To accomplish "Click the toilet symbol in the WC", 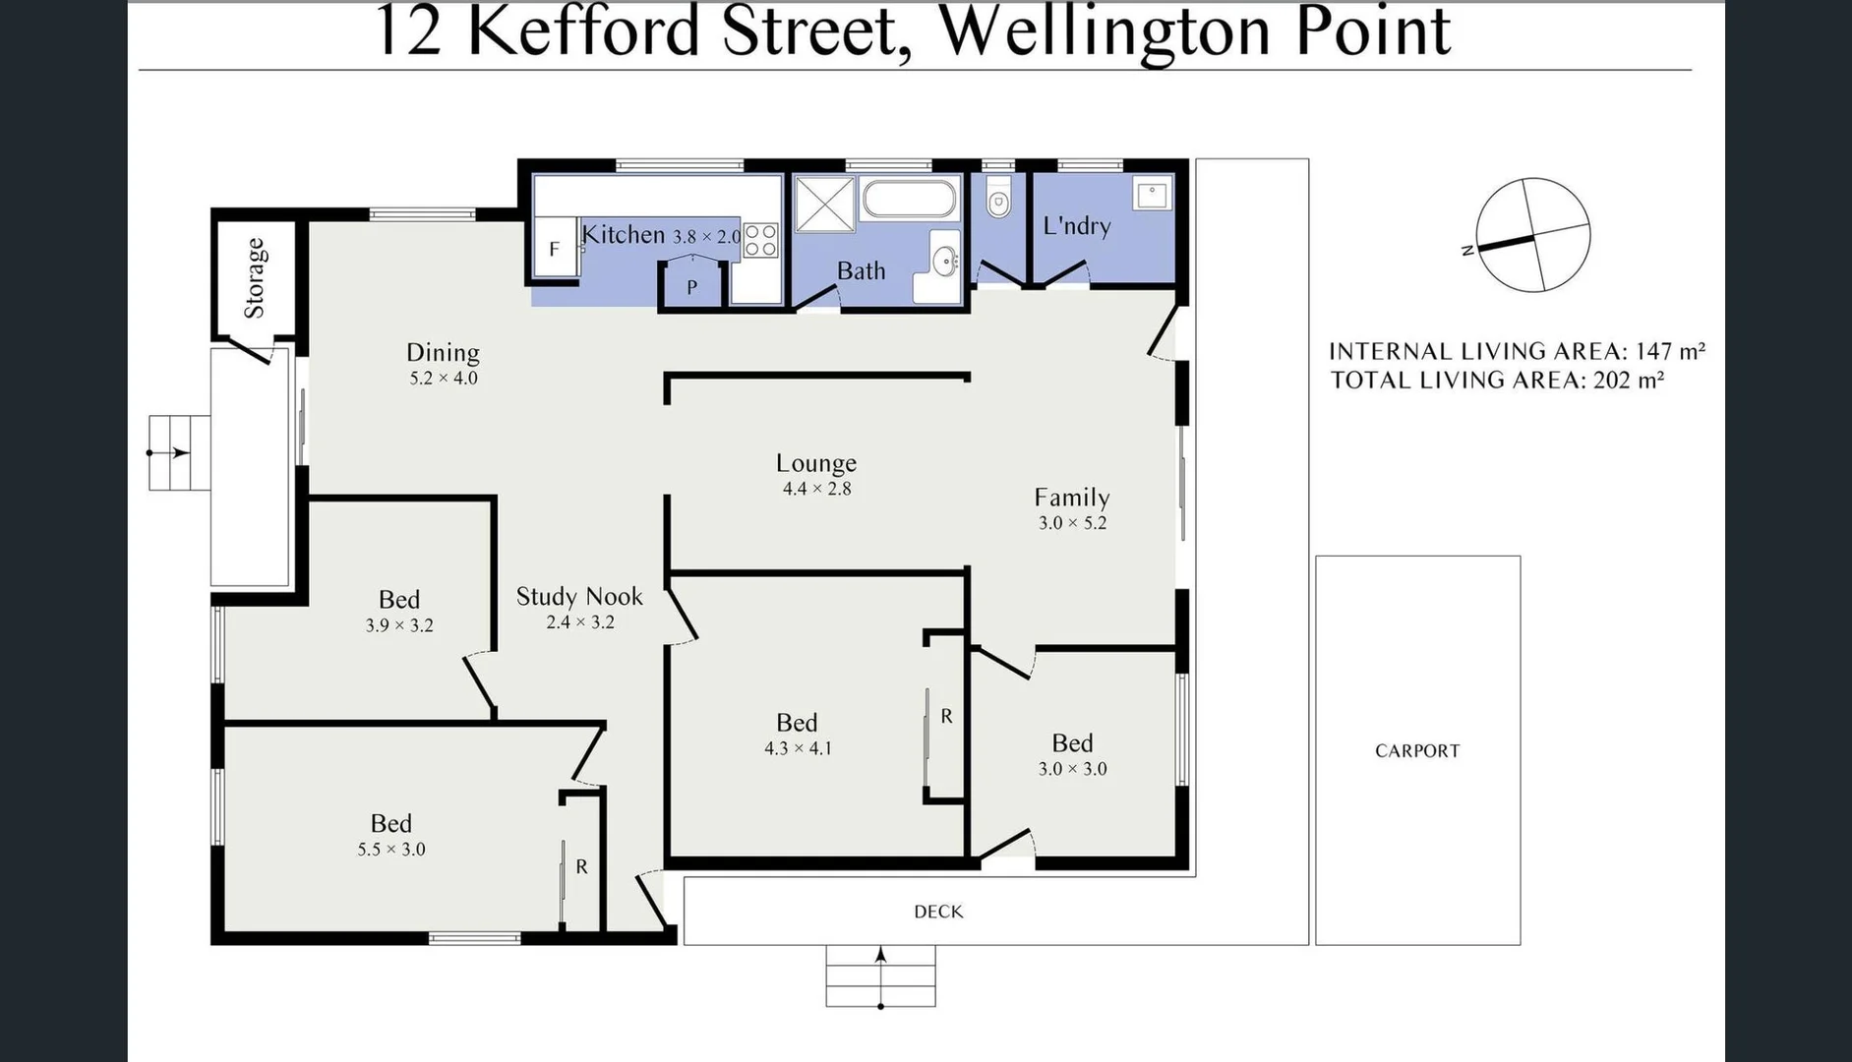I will point(998,203).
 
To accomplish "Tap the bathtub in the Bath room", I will point(909,200).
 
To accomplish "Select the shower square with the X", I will point(824,205).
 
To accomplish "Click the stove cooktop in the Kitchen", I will point(760,240).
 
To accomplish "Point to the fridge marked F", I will point(554,250).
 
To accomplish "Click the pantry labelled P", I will point(691,287).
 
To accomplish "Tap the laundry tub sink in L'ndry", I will point(1152,194).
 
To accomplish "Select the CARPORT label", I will point(1417,751).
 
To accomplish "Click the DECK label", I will point(938,912).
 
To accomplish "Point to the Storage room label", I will point(255,278).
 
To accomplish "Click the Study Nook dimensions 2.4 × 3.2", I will point(580,622).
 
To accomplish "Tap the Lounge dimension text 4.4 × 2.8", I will point(816,489).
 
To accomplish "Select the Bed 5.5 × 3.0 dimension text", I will point(391,850).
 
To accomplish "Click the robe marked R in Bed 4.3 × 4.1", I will point(946,717).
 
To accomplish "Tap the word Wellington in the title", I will point(1105,31).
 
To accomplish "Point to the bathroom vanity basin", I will point(945,261).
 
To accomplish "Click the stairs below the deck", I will point(880,975).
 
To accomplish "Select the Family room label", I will point(1072,498).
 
